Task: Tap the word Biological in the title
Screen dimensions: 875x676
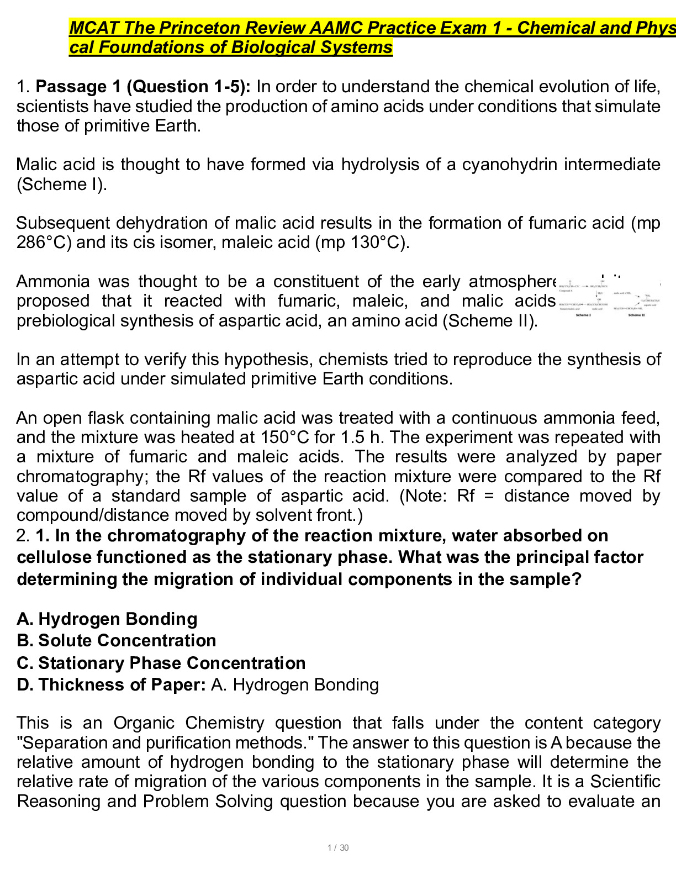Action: click(273, 48)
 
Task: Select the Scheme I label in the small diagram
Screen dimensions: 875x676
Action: click(583, 315)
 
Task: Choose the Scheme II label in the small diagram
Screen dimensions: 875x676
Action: click(635, 315)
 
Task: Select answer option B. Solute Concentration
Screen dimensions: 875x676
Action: click(117, 640)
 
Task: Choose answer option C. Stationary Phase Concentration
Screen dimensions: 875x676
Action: click(161, 663)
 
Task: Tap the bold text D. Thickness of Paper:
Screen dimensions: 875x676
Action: click(111, 685)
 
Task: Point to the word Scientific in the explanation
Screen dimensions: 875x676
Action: click(625, 782)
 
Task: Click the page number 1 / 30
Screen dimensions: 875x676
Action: click(338, 848)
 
